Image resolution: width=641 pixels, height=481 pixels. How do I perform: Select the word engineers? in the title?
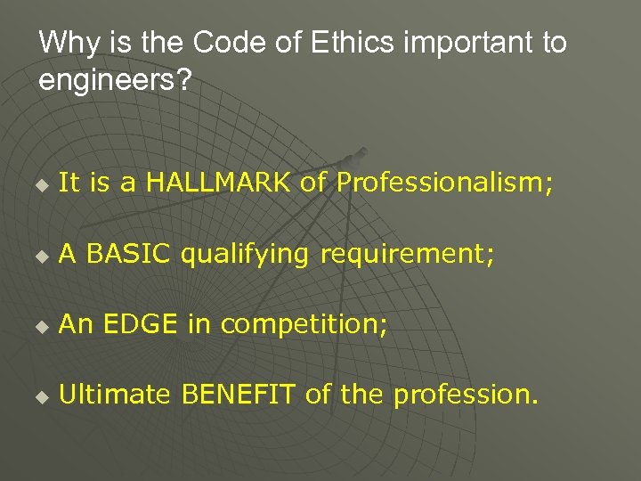(115, 81)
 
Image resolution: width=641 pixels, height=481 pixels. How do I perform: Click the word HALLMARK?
(218, 183)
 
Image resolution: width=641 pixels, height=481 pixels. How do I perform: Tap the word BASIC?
(129, 254)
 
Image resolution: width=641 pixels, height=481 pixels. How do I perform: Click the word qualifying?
(246, 256)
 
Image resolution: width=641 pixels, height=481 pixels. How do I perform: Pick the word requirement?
(403, 256)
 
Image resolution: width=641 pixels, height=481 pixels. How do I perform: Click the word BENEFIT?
(239, 395)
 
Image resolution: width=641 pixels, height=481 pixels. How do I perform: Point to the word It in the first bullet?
(67, 183)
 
